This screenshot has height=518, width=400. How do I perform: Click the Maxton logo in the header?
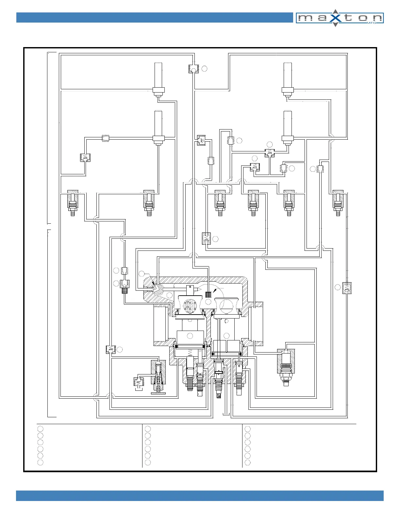tap(340, 18)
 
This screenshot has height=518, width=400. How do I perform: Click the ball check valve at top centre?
tap(193, 69)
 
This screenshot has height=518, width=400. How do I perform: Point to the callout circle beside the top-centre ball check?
tap(204, 69)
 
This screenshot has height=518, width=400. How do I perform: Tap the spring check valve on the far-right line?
tap(347, 287)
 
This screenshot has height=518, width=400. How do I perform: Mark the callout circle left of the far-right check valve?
tap(338, 287)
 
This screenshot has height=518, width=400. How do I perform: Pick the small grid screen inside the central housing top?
tap(208, 294)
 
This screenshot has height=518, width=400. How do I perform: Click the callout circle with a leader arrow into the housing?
tap(142, 273)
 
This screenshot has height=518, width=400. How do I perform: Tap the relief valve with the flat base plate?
tap(158, 378)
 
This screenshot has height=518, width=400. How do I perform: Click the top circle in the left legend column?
tap(40, 429)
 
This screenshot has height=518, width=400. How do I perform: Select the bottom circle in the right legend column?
tap(248, 462)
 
